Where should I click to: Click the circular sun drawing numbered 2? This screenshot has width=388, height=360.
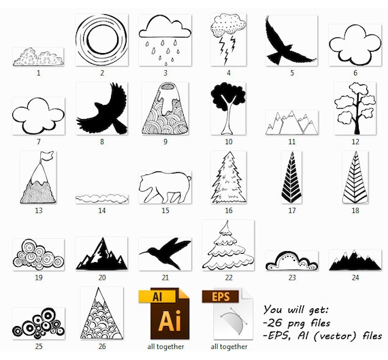click(102, 40)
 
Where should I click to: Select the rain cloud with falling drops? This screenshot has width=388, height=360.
click(165, 37)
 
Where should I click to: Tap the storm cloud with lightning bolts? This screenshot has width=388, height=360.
click(228, 37)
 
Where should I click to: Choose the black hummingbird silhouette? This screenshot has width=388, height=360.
click(165, 253)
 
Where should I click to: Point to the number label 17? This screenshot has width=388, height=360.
click(292, 210)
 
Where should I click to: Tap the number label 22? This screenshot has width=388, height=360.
click(228, 278)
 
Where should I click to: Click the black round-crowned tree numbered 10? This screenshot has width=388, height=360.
click(228, 107)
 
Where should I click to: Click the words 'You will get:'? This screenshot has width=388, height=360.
click(295, 308)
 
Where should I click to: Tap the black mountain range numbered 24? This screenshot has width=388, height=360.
click(355, 259)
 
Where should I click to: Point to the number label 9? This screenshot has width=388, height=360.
click(165, 142)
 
